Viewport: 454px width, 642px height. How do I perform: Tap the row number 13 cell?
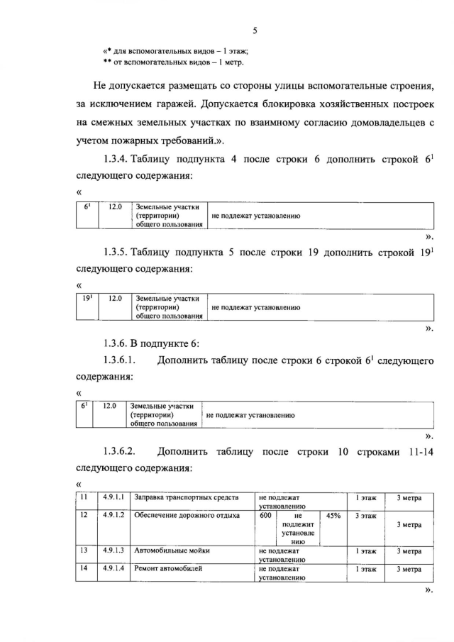pos(84,550)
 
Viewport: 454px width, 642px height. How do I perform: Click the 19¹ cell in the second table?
pos(89,299)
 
